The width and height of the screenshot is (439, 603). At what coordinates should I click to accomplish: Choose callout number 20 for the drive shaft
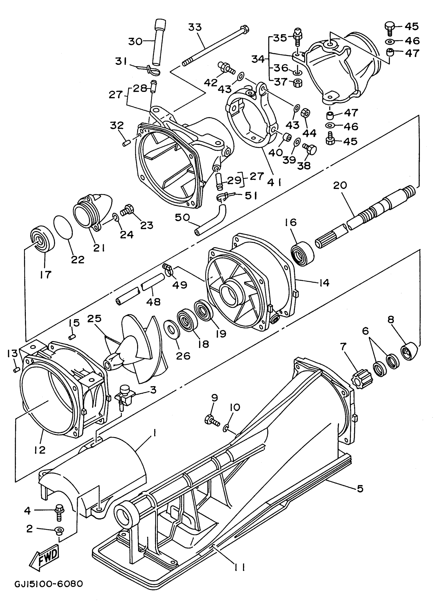(340, 185)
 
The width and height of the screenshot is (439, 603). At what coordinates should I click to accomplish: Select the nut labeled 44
(305, 114)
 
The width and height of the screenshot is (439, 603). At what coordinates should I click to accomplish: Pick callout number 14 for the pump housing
(324, 283)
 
